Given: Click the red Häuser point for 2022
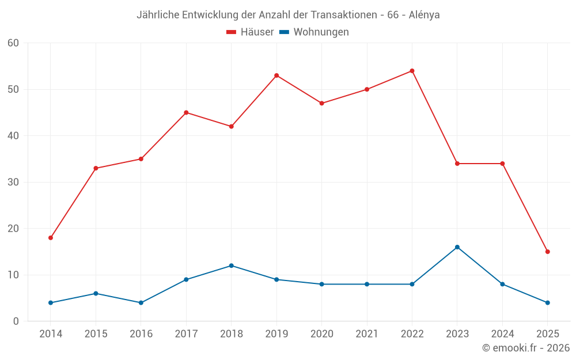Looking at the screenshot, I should coord(412,71).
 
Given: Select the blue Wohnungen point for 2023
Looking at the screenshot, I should coord(457,247).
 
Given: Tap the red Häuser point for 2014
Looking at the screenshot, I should coord(51,238).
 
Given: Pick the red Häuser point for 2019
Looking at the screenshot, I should coord(276,75).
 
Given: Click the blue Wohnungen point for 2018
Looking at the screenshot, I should coord(232,266).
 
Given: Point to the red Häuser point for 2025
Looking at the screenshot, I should coord(548,252).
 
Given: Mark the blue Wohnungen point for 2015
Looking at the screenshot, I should coord(96,293).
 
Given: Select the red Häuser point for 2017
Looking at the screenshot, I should coord(186,112).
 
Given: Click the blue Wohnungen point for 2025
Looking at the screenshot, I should coord(548,302).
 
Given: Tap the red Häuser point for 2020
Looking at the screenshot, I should coord(321,103).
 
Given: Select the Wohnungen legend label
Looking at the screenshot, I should coord(321,32).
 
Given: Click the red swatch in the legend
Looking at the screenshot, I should coord(232,32).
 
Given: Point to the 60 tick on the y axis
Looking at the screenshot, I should coord(13,43).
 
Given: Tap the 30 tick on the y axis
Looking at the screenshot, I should coord(13,182).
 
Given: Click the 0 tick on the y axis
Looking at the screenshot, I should coord(16,321).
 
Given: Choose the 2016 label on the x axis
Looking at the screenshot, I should coord(141,334).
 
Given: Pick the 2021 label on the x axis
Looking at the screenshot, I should coord(367,334).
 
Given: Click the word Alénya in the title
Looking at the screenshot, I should coord(424,15).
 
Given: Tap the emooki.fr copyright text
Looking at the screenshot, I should coord(526,348).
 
